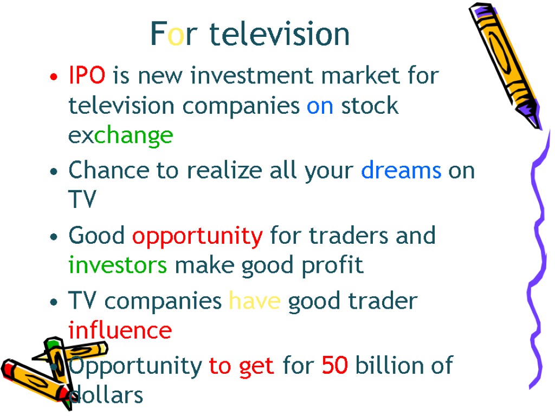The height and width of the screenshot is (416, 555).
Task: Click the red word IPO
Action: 87,76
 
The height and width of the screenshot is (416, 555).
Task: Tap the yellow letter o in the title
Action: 175,34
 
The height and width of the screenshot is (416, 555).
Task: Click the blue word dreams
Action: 401,171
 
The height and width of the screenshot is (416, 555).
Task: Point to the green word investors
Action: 118,266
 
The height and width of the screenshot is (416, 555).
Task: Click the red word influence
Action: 120,330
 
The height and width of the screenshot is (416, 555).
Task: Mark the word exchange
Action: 120,135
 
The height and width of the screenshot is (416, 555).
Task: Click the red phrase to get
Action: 241,367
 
